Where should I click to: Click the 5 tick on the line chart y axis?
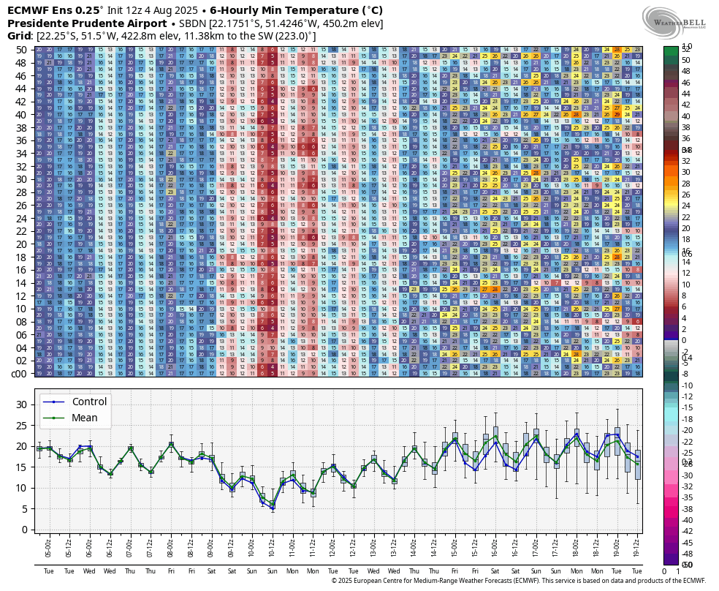pos(25,508)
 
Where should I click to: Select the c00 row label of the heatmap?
pos(20,374)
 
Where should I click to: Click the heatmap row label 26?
pos(21,206)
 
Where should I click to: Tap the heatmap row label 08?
pos(21,322)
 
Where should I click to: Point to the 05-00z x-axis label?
pos(48,546)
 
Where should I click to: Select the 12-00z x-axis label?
pos(333,546)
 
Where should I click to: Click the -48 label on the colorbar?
pos(688,543)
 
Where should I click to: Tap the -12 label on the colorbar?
pos(688,396)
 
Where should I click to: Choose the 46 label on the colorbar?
pos(686,83)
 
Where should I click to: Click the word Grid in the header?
pos(19,35)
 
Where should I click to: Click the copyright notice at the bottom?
pos(519,581)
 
